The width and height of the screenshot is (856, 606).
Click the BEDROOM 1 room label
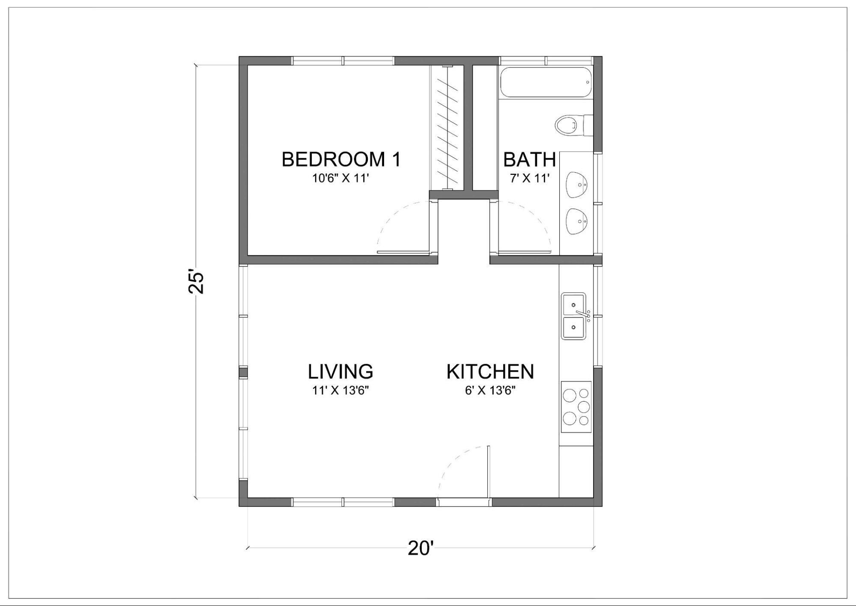[x=341, y=159]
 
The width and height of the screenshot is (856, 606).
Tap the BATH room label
[x=529, y=160]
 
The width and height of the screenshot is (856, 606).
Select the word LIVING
[x=340, y=372]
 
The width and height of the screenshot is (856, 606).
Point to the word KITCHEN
[x=490, y=372]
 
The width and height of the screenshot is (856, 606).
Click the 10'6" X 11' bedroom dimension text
[x=340, y=178]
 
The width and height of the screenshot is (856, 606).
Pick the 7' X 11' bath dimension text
[x=529, y=178]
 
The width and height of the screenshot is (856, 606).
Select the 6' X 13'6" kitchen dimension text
[x=490, y=390]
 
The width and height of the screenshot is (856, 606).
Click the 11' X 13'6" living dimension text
[x=340, y=390]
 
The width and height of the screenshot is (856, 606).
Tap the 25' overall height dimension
[x=197, y=282]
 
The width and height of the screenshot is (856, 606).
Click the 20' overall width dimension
[x=421, y=548]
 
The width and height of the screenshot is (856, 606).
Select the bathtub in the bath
[x=546, y=82]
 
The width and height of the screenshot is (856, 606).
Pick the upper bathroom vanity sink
[x=576, y=185]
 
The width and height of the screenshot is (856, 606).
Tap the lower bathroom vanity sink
[x=576, y=221]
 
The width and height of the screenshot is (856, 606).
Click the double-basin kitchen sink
[x=574, y=316]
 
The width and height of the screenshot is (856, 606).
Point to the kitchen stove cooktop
[x=576, y=407]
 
